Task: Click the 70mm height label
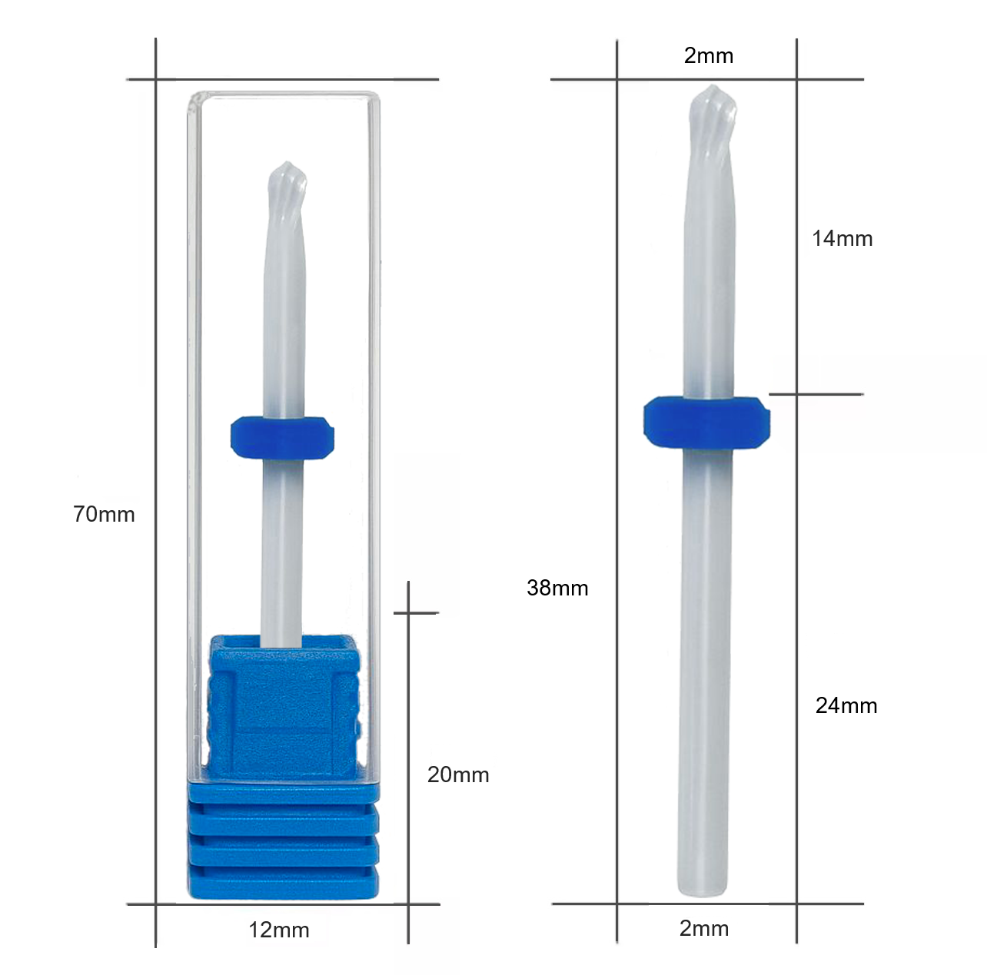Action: (x=104, y=514)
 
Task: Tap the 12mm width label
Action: (x=278, y=930)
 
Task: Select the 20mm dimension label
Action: (x=458, y=774)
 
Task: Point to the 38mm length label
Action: (x=557, y=588)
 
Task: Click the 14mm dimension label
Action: (x=842, y=239)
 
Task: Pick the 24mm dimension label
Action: (x=846, y=705)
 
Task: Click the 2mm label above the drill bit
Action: (x=709, y=56)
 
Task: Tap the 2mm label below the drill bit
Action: (x=704, y=928)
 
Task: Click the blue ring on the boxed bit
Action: (x=282, y=438)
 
